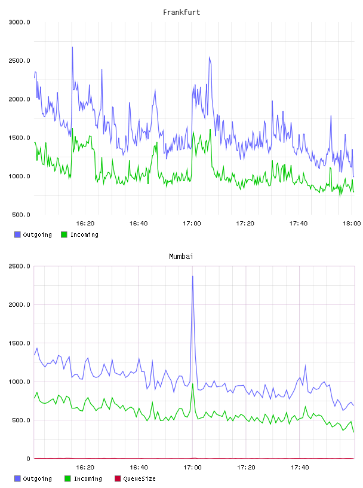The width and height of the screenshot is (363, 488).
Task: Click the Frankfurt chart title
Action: (x=181, y=13)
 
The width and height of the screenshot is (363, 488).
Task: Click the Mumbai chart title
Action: (x=181, y=257)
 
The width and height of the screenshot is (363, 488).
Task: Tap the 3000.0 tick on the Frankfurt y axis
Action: (x=19, y=22)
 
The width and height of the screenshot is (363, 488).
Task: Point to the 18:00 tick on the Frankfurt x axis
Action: (x=352, y=224)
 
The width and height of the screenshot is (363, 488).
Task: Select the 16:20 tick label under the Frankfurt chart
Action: (x=85, y=224)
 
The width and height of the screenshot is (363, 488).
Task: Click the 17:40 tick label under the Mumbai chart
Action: (x=300, y=468)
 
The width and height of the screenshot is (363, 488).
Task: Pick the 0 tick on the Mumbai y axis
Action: (x=28, y=459)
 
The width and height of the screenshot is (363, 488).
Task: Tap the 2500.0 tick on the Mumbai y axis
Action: (x=19, y=266)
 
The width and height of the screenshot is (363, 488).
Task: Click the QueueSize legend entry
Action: (x=135, y=478)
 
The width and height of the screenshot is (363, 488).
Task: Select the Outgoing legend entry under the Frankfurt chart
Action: (x=33, y=234)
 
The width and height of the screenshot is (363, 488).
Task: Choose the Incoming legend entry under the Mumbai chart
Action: (x=83, y=478)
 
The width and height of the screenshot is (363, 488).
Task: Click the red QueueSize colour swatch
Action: (x=118, y=478)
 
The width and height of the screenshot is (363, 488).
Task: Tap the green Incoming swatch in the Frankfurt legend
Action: (x=64, y=234)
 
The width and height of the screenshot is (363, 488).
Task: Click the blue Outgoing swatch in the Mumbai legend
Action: (x=17, y=478)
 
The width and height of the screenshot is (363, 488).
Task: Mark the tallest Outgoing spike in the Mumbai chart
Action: (x=193, y=276)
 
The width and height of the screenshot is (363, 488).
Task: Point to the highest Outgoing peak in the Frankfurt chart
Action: (x=72, y=47)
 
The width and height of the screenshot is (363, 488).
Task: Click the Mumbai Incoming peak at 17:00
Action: (x=193, y=384)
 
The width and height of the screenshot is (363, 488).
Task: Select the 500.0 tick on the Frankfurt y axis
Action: (x=21, y=215)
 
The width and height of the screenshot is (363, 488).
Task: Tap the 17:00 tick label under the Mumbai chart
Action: (x=192, y=468)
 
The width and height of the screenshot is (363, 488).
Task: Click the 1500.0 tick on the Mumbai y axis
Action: (x=19, y=343)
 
